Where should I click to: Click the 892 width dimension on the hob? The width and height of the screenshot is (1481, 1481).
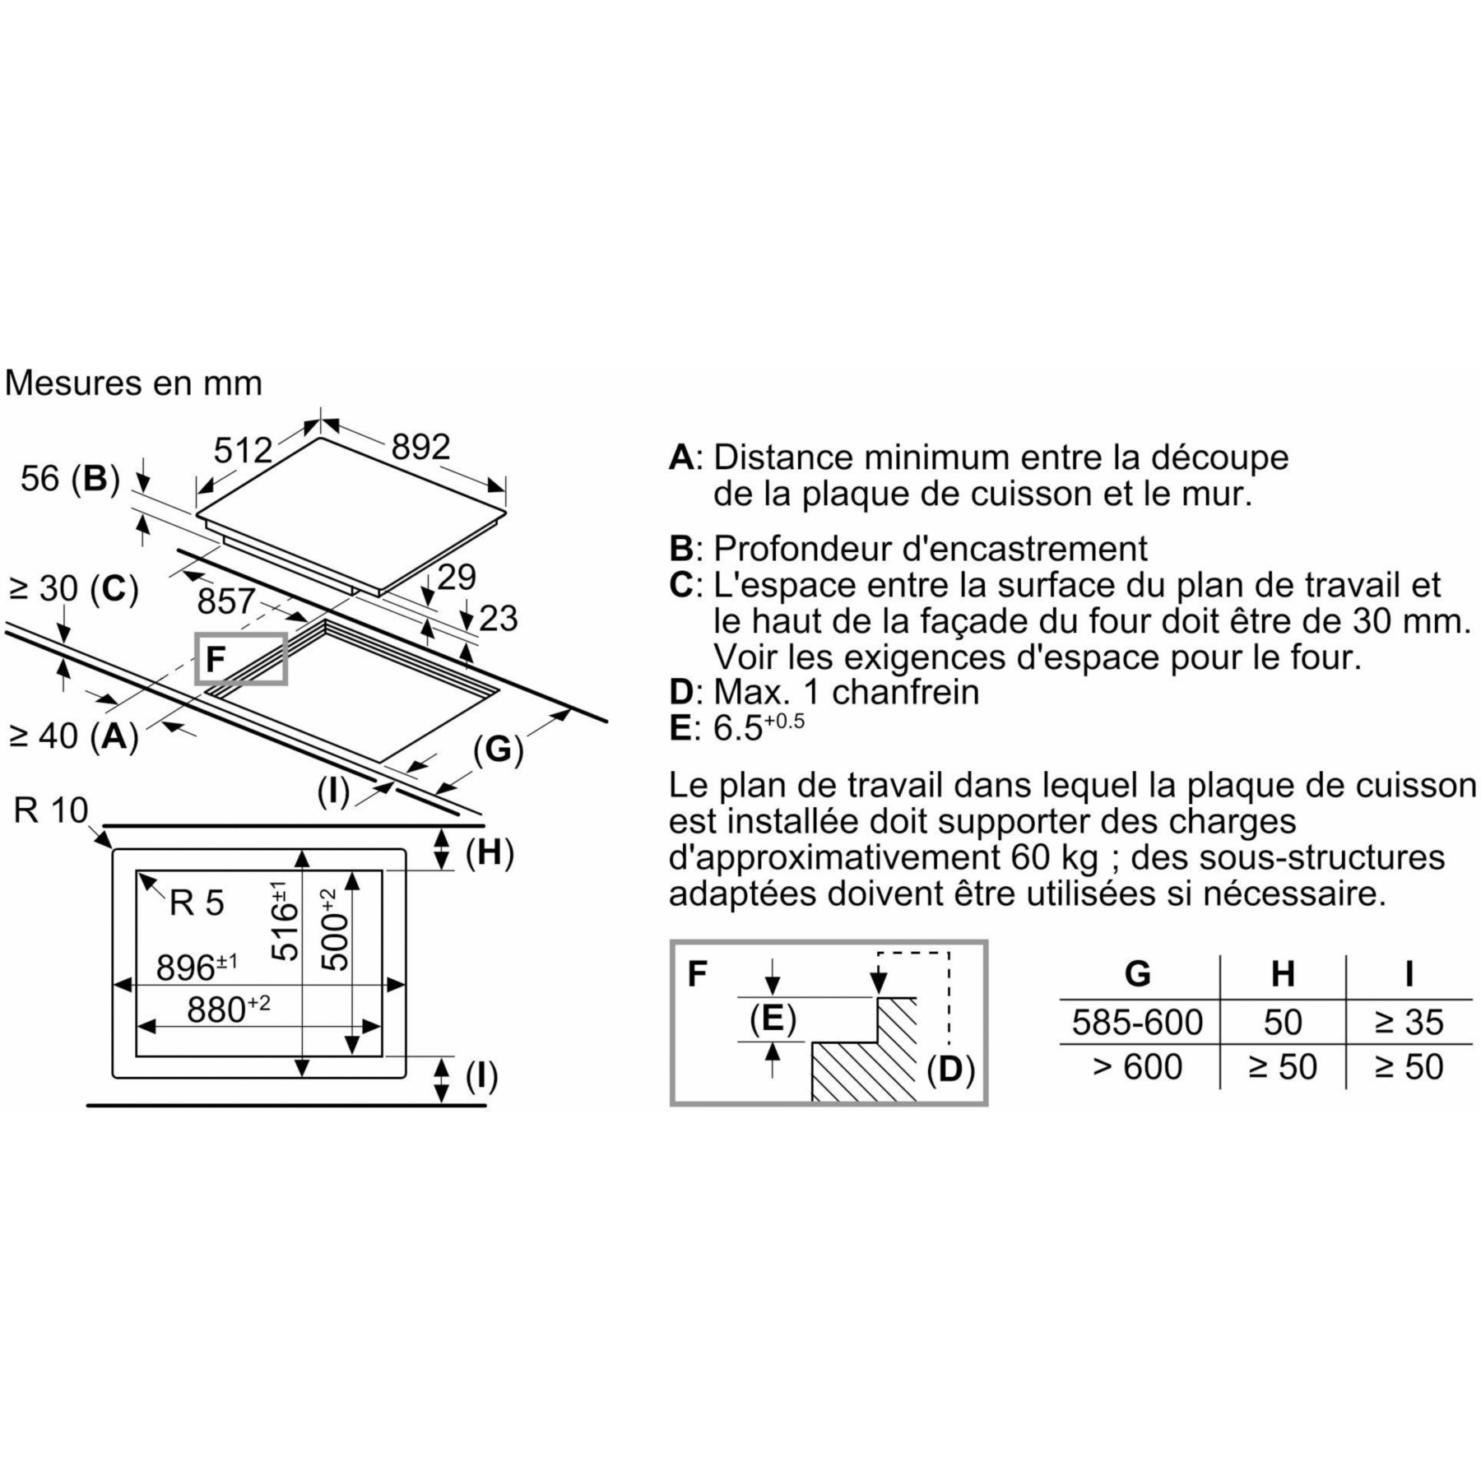(x=420, y=447)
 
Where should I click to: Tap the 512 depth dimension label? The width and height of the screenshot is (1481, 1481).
(x=243, y=450)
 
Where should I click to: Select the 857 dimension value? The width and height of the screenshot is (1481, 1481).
(x=226, y=601)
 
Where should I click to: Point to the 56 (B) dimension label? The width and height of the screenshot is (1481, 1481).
(x=70, y=478)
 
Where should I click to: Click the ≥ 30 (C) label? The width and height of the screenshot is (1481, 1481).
(x=73, y=589)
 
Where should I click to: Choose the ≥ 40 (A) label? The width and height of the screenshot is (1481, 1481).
(x=73, y=736)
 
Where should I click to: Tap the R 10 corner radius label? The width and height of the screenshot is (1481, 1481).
(x=51, y=810)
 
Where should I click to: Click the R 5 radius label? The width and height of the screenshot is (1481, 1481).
(x=197, y=903)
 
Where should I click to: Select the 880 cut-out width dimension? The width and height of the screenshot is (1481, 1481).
(x=228, y=1009)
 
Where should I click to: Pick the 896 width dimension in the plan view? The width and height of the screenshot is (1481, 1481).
(x=197, y=967)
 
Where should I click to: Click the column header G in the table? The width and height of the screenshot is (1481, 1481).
(x=1137, y=974)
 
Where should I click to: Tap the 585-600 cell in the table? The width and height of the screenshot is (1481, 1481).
(x=1137, y=1022)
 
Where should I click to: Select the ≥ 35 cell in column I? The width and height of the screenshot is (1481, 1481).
(x=1409, y=1022)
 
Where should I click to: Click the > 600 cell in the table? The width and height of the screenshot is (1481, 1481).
(x=1137, y=1067)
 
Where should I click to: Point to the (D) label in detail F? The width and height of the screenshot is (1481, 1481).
(x=950, y=1070)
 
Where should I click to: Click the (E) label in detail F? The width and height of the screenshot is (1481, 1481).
(x=773, y=1019)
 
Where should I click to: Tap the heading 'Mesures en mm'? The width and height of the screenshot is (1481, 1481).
(x=133, y=383)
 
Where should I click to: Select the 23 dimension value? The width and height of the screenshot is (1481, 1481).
(x=499, y=619)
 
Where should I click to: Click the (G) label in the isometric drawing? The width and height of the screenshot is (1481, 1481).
(x=499, y=750)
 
